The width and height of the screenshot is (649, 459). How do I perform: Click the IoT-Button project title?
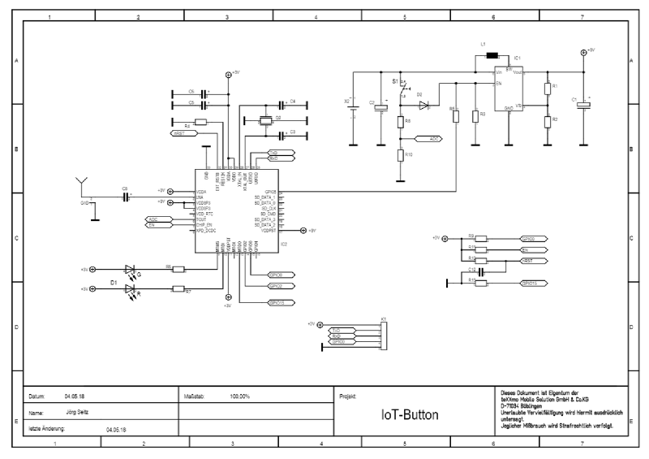click(x=410, y=415)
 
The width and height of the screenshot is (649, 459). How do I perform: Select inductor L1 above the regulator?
click(x=492, y=56)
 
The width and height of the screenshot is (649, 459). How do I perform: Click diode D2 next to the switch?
click(x=423, y=105)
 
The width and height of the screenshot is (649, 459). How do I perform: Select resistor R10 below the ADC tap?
click(x=399, y=155)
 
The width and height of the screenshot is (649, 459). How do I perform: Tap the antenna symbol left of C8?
click(x=80, y=181)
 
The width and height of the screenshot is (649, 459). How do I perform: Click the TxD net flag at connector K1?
click(x=337, y=331)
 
